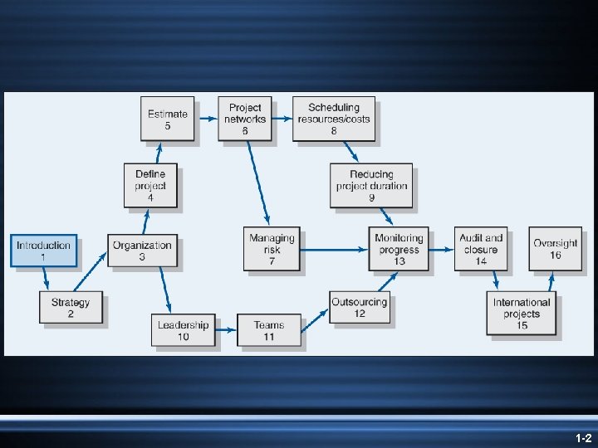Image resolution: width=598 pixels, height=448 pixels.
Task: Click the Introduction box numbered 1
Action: point(44,251)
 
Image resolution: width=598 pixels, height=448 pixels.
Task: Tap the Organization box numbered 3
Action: point(142,251)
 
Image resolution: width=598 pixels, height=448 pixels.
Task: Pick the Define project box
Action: point(150,185)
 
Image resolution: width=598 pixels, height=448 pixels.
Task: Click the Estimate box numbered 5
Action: point(168,119)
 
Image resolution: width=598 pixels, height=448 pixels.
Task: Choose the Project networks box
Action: point(245,119)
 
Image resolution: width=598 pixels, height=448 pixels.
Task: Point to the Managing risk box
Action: point(272,249)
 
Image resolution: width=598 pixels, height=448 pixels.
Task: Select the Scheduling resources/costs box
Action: point(334,119)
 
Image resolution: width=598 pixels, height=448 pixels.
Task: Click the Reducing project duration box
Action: point(371,185)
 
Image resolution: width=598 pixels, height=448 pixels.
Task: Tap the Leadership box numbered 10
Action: point(183,330)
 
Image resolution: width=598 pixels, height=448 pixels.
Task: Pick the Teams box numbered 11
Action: point(268,330)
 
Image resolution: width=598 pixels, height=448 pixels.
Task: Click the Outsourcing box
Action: point(359,307)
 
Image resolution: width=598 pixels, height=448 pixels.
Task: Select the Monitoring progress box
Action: point(399,249)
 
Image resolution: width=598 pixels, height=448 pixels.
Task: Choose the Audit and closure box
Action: point(481,249)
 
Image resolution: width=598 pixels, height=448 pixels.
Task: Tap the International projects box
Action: point(522,313)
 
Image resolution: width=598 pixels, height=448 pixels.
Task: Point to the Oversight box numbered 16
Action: point(555,249)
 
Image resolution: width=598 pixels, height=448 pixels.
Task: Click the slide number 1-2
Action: point(582,436)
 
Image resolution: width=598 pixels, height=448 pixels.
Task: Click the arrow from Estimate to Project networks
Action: point(207,119)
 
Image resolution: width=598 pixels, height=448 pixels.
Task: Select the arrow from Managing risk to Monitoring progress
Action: point(336,246)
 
